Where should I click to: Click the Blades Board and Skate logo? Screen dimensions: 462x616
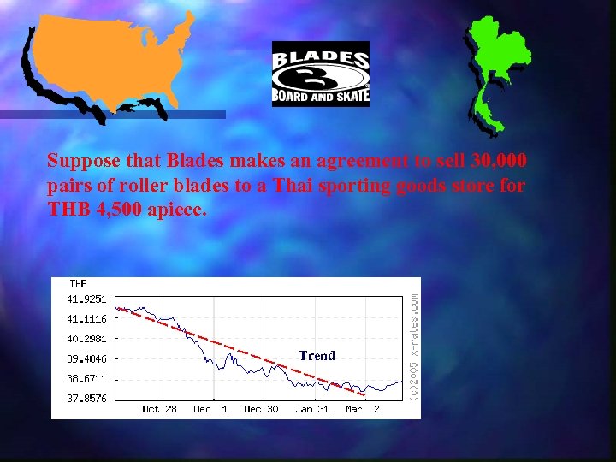click(x=320, y=74)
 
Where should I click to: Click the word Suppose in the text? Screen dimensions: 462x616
click(x=78, y=162)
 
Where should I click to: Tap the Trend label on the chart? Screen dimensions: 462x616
click(x=317, y=355)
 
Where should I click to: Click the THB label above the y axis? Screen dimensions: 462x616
click(x=78, y=284)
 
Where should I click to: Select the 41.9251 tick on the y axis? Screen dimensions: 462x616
click(x=86, y=299)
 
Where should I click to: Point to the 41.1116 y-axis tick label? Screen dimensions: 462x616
click(x=86, y=319)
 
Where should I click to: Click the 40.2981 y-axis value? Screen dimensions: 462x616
click(x=86, y=339)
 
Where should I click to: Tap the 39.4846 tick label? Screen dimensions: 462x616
click(x=86, y=358)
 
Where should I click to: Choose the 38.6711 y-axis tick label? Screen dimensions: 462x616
click(x=86, y=378)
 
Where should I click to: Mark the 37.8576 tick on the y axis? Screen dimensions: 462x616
click(x=86, y=398)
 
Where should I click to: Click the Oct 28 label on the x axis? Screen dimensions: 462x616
click(x=159, y=409)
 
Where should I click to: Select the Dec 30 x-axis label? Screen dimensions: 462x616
click(x=261, y=409)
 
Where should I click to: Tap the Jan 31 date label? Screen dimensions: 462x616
click(x=312, y=409)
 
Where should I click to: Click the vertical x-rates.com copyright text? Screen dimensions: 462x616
click(x=413, y=346)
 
